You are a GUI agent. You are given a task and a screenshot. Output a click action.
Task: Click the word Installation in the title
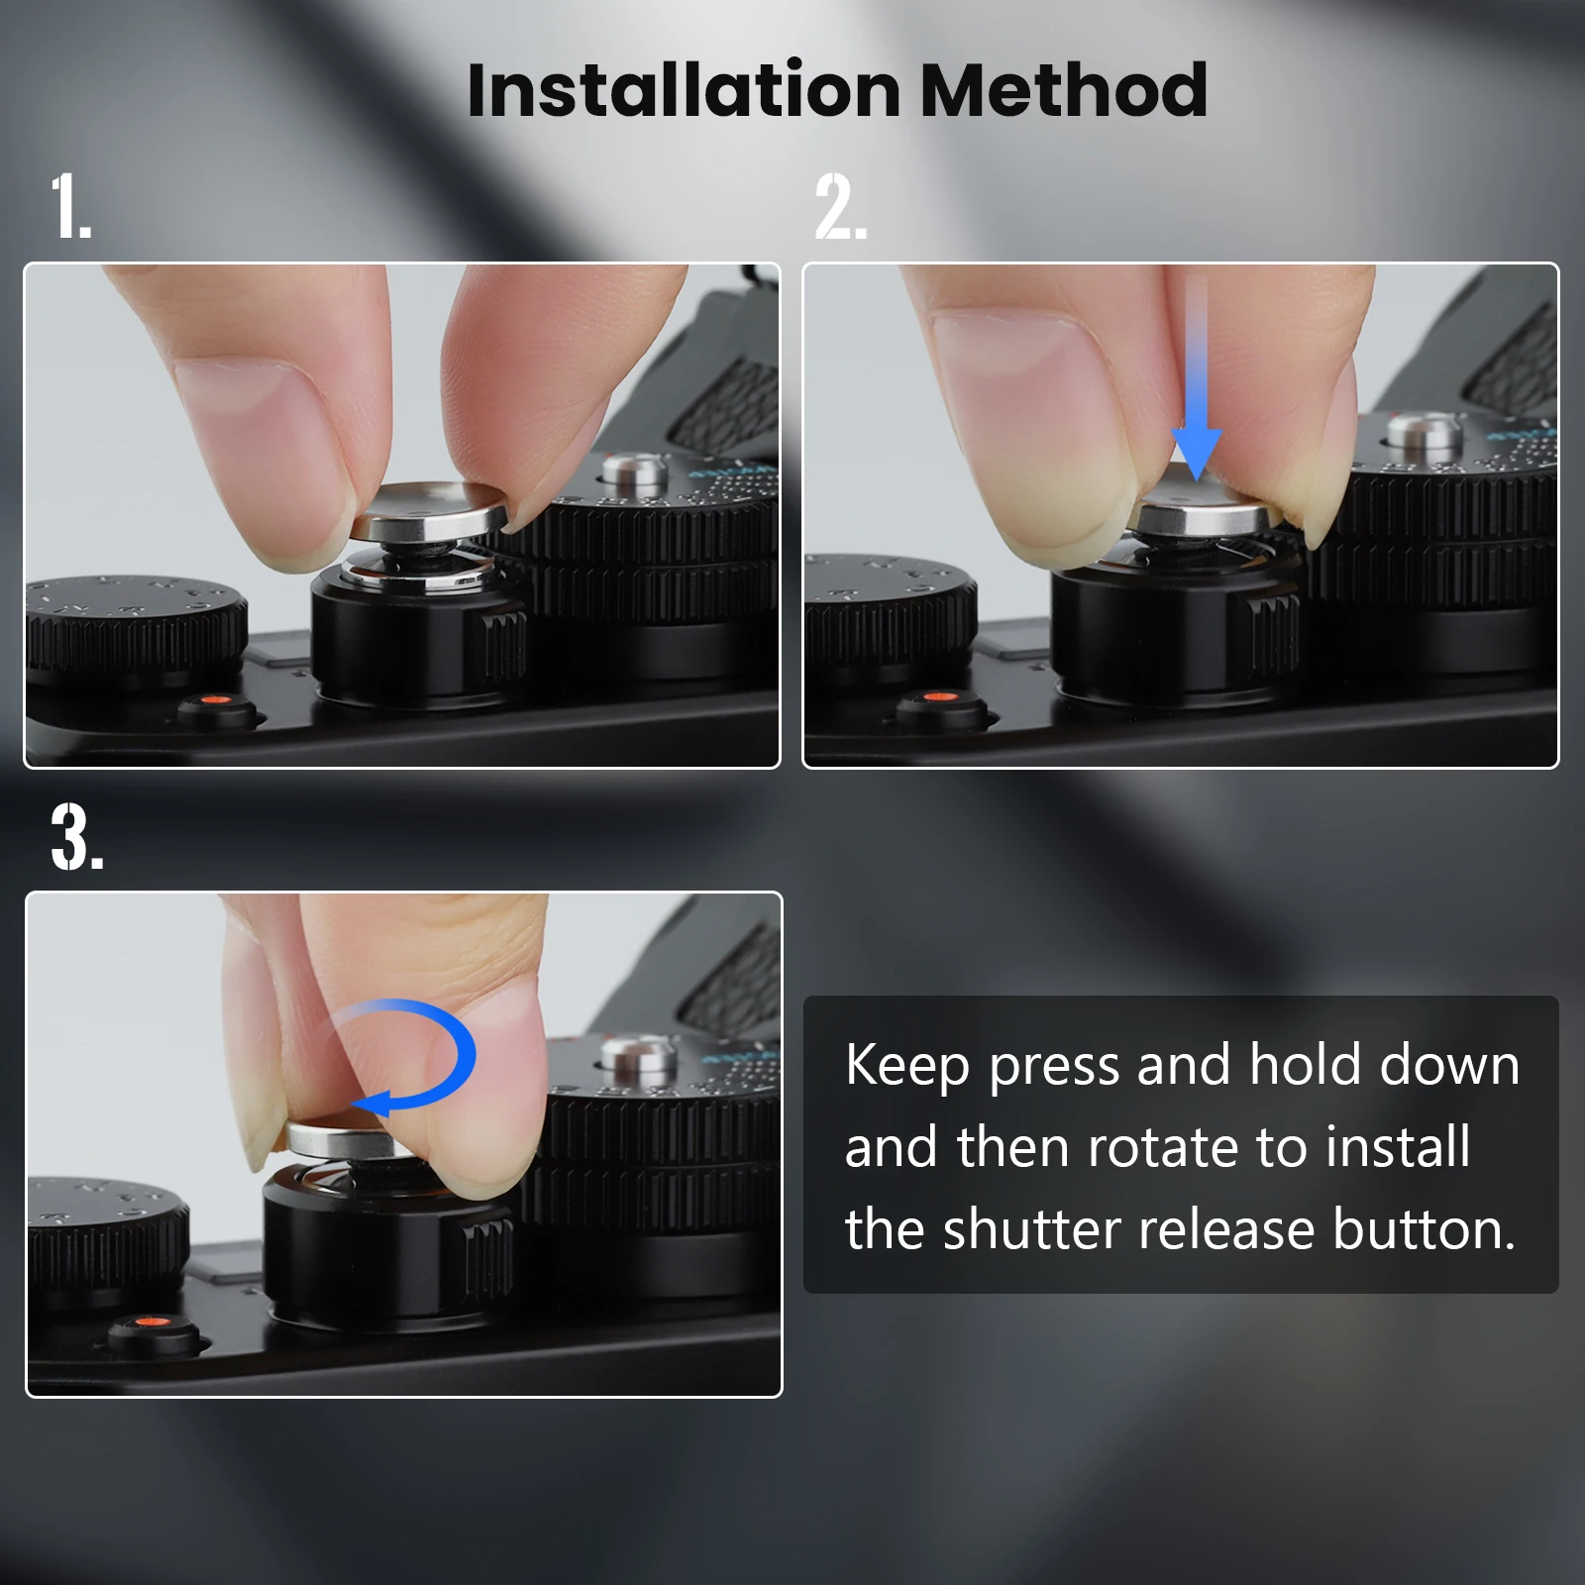tap(684, 90)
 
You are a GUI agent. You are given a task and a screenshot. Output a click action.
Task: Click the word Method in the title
tap(1064, 90)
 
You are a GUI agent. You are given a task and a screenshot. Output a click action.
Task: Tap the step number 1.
tap(71, 206)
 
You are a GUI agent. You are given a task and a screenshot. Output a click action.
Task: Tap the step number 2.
tap(841, 206)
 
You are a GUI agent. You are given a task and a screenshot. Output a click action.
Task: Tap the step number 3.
tap(77, 837)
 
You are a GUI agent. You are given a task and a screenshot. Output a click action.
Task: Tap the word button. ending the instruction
tap(1425, 1229)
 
